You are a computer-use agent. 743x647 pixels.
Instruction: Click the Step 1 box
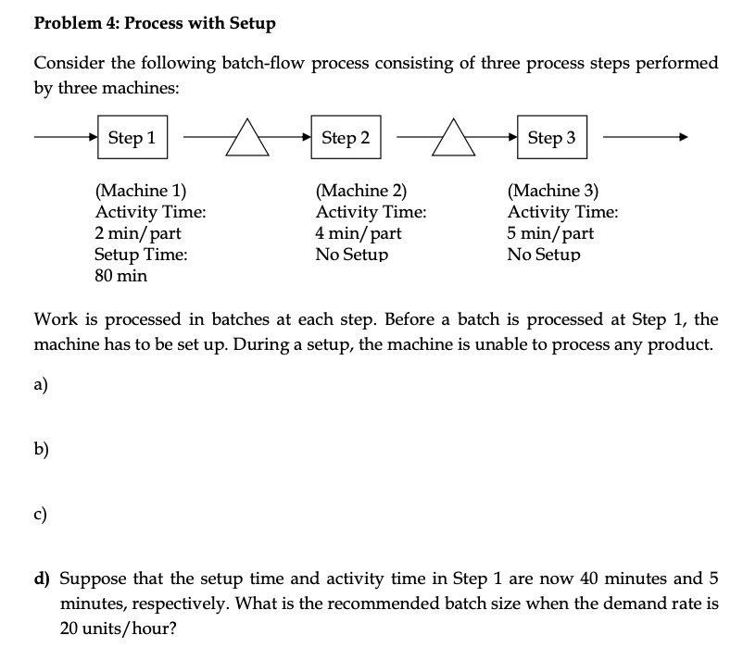coord(132,138)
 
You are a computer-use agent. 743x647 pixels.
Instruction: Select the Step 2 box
coord(346,138)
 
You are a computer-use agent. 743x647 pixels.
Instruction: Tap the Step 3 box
coord(551,138)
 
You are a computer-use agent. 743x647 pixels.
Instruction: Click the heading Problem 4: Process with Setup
coord(155,23)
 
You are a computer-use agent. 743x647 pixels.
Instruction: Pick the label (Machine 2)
coord(360,193)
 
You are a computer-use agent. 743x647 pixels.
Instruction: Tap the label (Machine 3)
coord(552,193)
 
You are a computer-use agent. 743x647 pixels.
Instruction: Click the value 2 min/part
coord(137,233)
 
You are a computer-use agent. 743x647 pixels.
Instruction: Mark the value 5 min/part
coord(550,233)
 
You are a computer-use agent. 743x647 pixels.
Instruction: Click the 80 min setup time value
coord(120,275)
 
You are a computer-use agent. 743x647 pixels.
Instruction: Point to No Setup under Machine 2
coord(351,255)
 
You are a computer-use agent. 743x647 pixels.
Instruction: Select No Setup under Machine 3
coord(543,255)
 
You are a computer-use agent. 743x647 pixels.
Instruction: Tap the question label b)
coord(43,450)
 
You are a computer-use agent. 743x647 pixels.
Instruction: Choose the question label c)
coord(43,515)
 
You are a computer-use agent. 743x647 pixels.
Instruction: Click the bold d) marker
coord(42,579)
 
